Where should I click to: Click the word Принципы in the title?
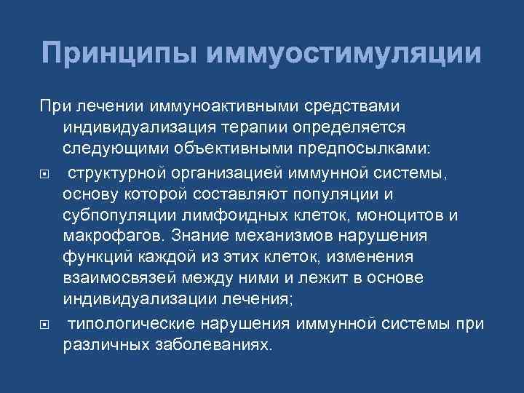click(x=119, y=54)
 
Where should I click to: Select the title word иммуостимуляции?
click(x=344, y=54)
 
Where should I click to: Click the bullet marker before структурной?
click(x=45, y=172)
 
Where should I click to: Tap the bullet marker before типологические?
click(x=45, y=324)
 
